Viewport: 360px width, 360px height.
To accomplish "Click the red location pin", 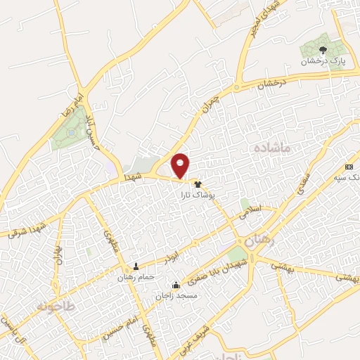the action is (181, 166).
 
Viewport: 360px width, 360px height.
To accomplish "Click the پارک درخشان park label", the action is (321, 62).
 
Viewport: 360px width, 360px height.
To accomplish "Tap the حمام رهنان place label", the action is (135, 278).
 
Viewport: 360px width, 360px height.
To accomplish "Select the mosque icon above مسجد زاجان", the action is (176, 285).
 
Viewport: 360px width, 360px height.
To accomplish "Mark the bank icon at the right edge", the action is (349, 167).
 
